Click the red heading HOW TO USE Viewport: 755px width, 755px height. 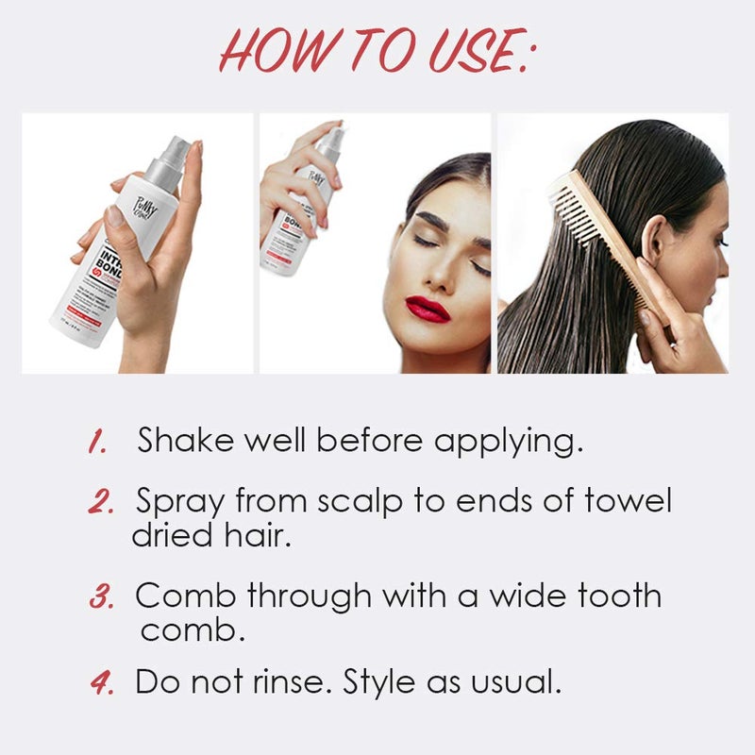coord(377,51)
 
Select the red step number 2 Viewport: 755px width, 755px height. coord(101,501)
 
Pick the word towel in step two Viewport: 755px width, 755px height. coord(620,500)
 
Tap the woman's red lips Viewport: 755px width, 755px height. coord(427,309)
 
